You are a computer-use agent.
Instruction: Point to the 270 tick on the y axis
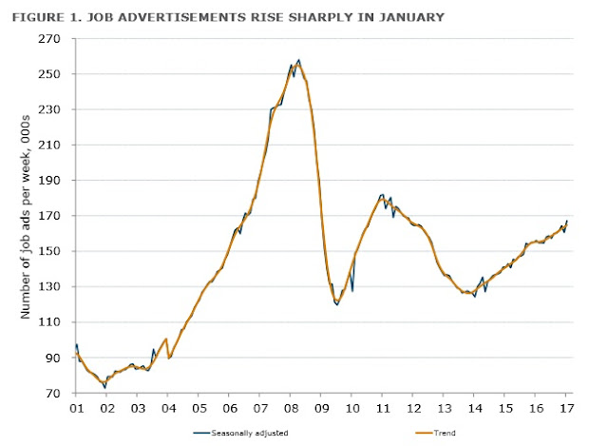pyautogui.click(x=49, y=39)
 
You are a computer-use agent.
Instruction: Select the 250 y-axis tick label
pyautogui.click(x=49, y=74)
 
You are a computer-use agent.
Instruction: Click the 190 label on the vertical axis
pyautogui.click(x=49, y=181)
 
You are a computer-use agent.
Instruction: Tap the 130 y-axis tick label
pyautogui.click(x=49, y=287)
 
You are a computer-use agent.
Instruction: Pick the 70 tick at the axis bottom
pyautogui.click(x=53, y=393)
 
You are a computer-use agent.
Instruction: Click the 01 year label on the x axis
pyautogui.click(x=76, y=408)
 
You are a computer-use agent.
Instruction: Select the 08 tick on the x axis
pyautogui.click(x=291, y=408)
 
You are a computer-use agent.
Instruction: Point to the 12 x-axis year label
pyautogui.click(x=414, y=408)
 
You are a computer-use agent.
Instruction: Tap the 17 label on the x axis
pyautogui.click(x=567, y=408)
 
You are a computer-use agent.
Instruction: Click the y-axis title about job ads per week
pyautogui.click(x=25, y=217)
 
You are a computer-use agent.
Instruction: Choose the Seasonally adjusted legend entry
pyautogui.click(x=240, y=433)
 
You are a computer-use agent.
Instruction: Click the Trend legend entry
pyautogui.click(x=435, y=433)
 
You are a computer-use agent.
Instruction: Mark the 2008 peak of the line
pyautogui.click(x=298, y=60)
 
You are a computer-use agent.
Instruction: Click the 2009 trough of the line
pyautogui.click(x=337, y=304)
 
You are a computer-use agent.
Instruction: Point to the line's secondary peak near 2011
pyautogui.click(x=382, y=194)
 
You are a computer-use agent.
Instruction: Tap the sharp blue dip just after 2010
pyautogui.click(x=352, y=291)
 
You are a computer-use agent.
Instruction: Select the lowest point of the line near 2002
pyautogui.click(x=104, y=388)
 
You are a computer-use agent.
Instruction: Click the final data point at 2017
pyautogui.click(x=567, y=221)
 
